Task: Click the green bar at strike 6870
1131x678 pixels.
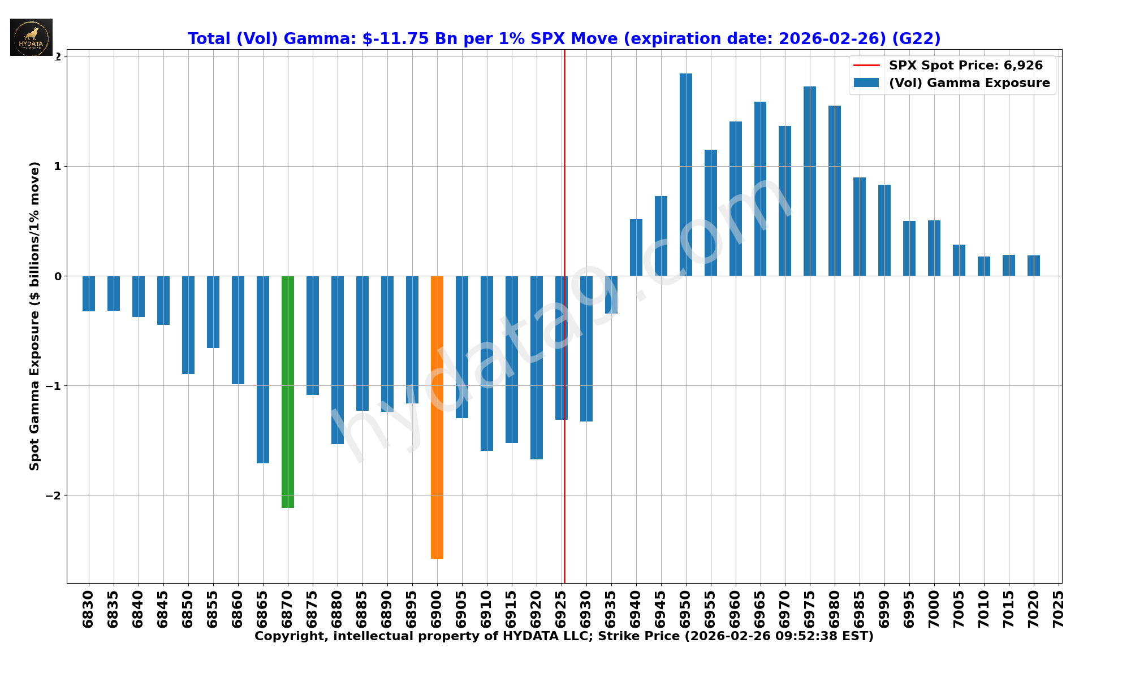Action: [288, 392]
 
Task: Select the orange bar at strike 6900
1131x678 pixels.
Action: [437, 417]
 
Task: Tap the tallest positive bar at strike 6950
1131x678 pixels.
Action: [686, 175]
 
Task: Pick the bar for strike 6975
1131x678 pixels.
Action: [810, 181]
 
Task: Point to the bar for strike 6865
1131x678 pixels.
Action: [263, 370]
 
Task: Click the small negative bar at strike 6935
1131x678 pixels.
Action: [611, 294]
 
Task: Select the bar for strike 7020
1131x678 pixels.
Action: [1034, 266]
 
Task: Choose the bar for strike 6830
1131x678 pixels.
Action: [89, 293]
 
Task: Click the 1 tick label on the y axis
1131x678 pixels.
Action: [58, 167]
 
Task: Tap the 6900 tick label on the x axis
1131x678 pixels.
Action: [437, 609]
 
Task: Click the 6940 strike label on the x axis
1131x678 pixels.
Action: [636, 609]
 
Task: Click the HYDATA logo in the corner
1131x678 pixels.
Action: [31, 37]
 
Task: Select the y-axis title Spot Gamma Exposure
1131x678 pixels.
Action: [35, 316]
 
